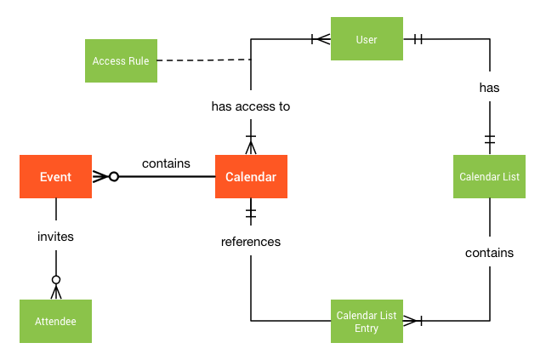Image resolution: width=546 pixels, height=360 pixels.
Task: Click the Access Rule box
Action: [x=122, y=60]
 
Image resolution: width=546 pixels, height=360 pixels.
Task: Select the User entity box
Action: [x=367, y=39]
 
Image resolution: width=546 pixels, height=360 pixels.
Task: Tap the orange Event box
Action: [x=55, y=177]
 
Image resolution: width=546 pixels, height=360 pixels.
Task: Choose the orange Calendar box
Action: [x=251, y=177]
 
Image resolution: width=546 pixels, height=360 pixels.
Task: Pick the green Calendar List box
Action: [x=489, y=176]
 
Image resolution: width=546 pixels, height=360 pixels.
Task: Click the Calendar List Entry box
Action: [x=367, y=321]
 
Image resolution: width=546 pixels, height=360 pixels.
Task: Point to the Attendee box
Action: [x=55, y=321]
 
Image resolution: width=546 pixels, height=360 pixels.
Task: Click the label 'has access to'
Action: [x=251, y=106]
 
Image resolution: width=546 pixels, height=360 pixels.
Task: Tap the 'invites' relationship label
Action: [x=55, y=237]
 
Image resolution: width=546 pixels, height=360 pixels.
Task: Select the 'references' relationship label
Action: [x=251, y=242]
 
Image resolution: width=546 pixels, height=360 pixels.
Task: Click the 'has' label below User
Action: [x=489, y=87]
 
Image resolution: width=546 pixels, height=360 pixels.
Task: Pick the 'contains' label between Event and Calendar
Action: [x=166, y=163]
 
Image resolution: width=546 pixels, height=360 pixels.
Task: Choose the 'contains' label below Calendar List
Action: [x=489, y=253]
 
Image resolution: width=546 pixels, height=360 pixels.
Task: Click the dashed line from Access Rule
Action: [x=204, y=60]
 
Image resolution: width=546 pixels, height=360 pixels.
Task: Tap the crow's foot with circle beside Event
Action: [x=105, y=177]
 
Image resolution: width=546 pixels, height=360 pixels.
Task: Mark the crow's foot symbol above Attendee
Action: [x=55, y=288]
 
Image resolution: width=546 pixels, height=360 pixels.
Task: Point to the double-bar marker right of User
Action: [x=418, y=38]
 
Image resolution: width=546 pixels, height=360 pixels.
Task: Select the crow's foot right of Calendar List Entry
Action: [x=412, y=321]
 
